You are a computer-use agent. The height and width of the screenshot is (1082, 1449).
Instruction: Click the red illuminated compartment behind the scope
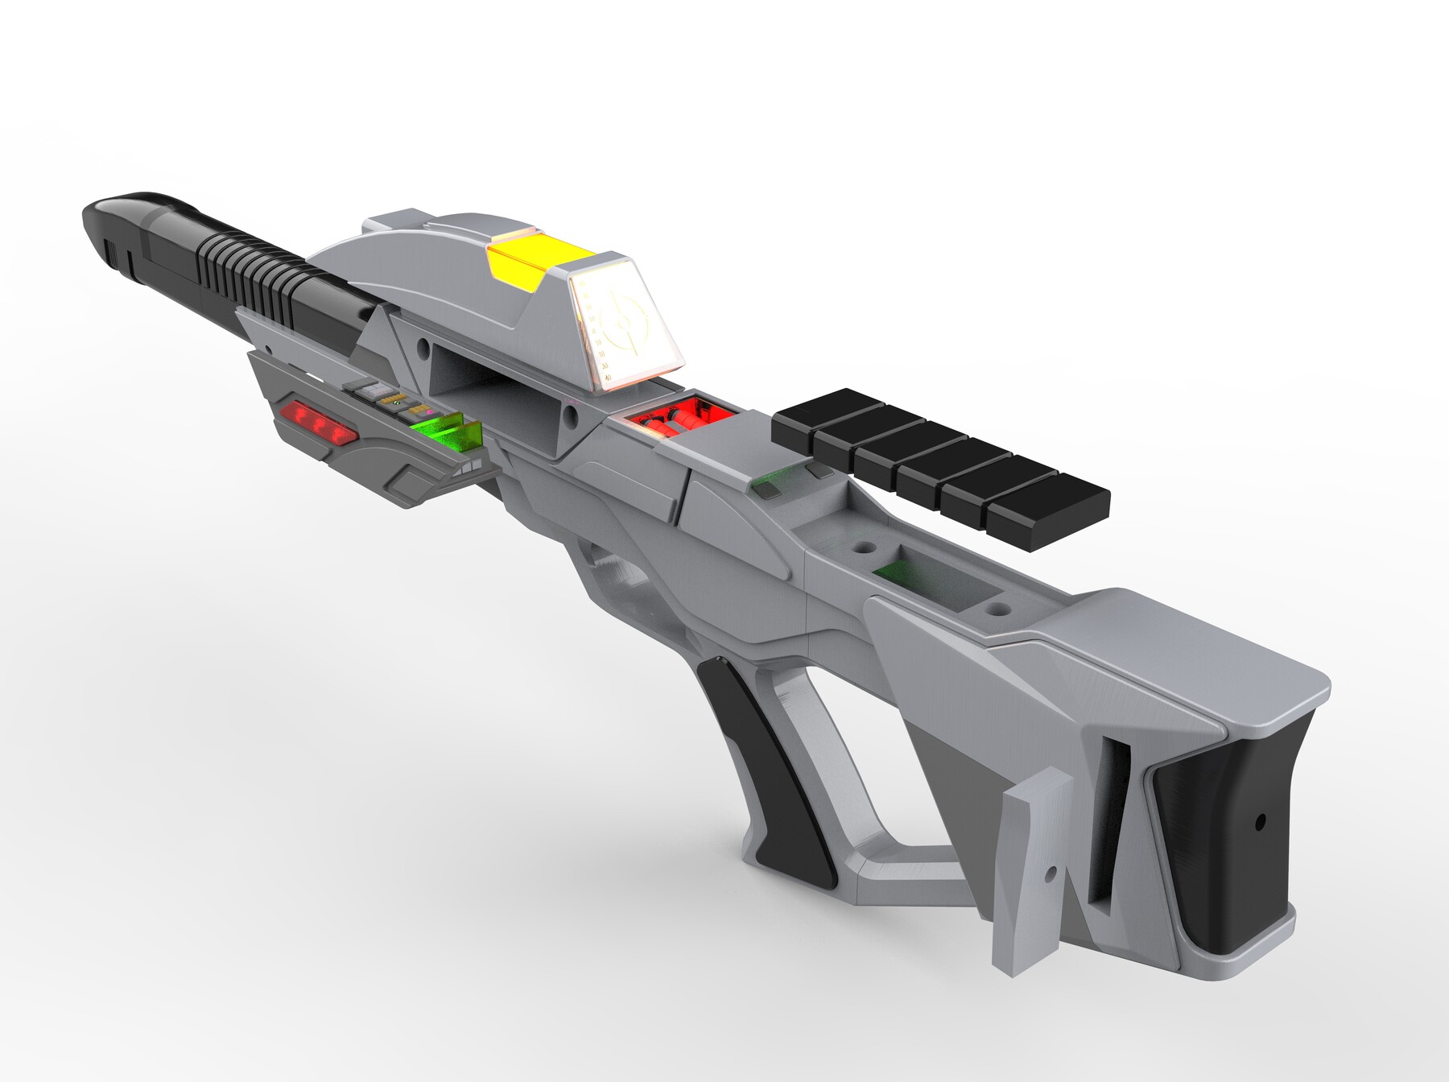click(680, 415)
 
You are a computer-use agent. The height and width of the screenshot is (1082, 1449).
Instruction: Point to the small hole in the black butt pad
click(1261, 823)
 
